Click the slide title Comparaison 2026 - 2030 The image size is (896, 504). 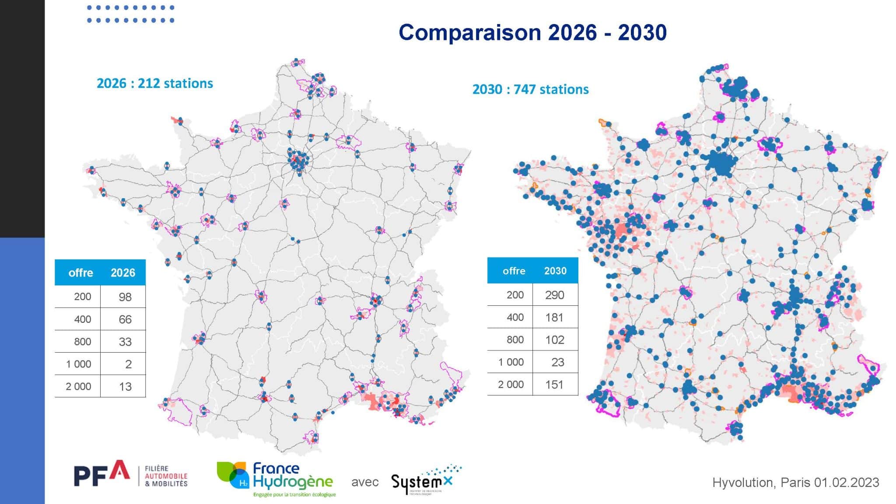532,33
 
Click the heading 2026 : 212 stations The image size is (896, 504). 155,83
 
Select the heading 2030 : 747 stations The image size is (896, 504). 530,89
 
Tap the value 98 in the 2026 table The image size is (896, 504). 125,297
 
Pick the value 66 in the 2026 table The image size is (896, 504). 125,319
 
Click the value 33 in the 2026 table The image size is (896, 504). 125,342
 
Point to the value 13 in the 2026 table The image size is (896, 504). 125,387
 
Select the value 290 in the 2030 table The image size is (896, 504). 554,295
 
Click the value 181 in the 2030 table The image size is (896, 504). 554,317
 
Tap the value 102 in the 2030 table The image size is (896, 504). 554,340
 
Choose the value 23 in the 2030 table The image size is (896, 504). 557,362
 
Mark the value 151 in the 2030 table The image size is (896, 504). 554,385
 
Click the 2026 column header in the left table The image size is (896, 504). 122,273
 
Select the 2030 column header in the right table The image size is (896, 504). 555,271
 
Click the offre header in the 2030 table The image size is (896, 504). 514,271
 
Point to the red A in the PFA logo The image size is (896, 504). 119,470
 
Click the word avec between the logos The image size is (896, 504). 364,482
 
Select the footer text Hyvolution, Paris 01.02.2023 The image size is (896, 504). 795,483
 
